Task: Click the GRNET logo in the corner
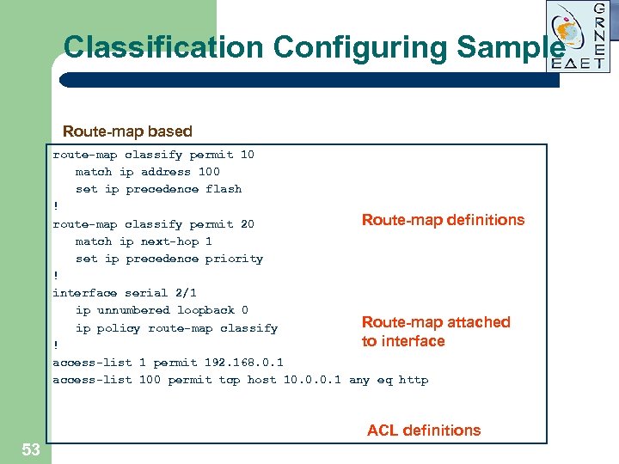click(x=579, y=36)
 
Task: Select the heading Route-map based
click(x=127, y=131)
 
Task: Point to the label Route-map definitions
click(x=443, y=220)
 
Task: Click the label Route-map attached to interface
click(x=436, y=332)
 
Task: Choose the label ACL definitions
click(x=424, y=430)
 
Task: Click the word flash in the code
click(x=224, y=189)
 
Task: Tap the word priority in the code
click(x=234, y=259)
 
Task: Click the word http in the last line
click(x=414, y=380)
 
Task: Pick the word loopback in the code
click(x=205, y=310)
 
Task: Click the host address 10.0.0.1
click(x=312, y=380)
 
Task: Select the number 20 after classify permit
click(x=247, y=224)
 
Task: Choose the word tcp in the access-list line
click(x=230, y=380)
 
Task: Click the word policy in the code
click(x=119, y=328)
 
